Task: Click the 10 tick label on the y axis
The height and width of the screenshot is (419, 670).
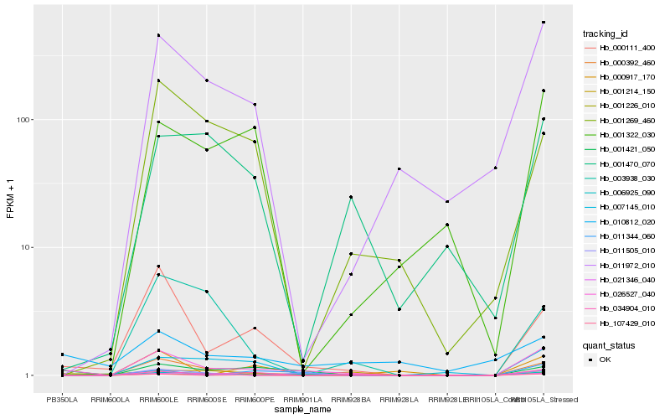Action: tap(25, 248)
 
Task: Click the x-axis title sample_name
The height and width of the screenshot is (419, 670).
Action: tap(302, 409)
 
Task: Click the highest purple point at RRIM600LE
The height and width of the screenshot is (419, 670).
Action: tap(158, 35)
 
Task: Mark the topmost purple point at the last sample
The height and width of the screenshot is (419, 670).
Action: tap(544, 23)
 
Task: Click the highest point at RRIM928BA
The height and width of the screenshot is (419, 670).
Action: tap(351, 197)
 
